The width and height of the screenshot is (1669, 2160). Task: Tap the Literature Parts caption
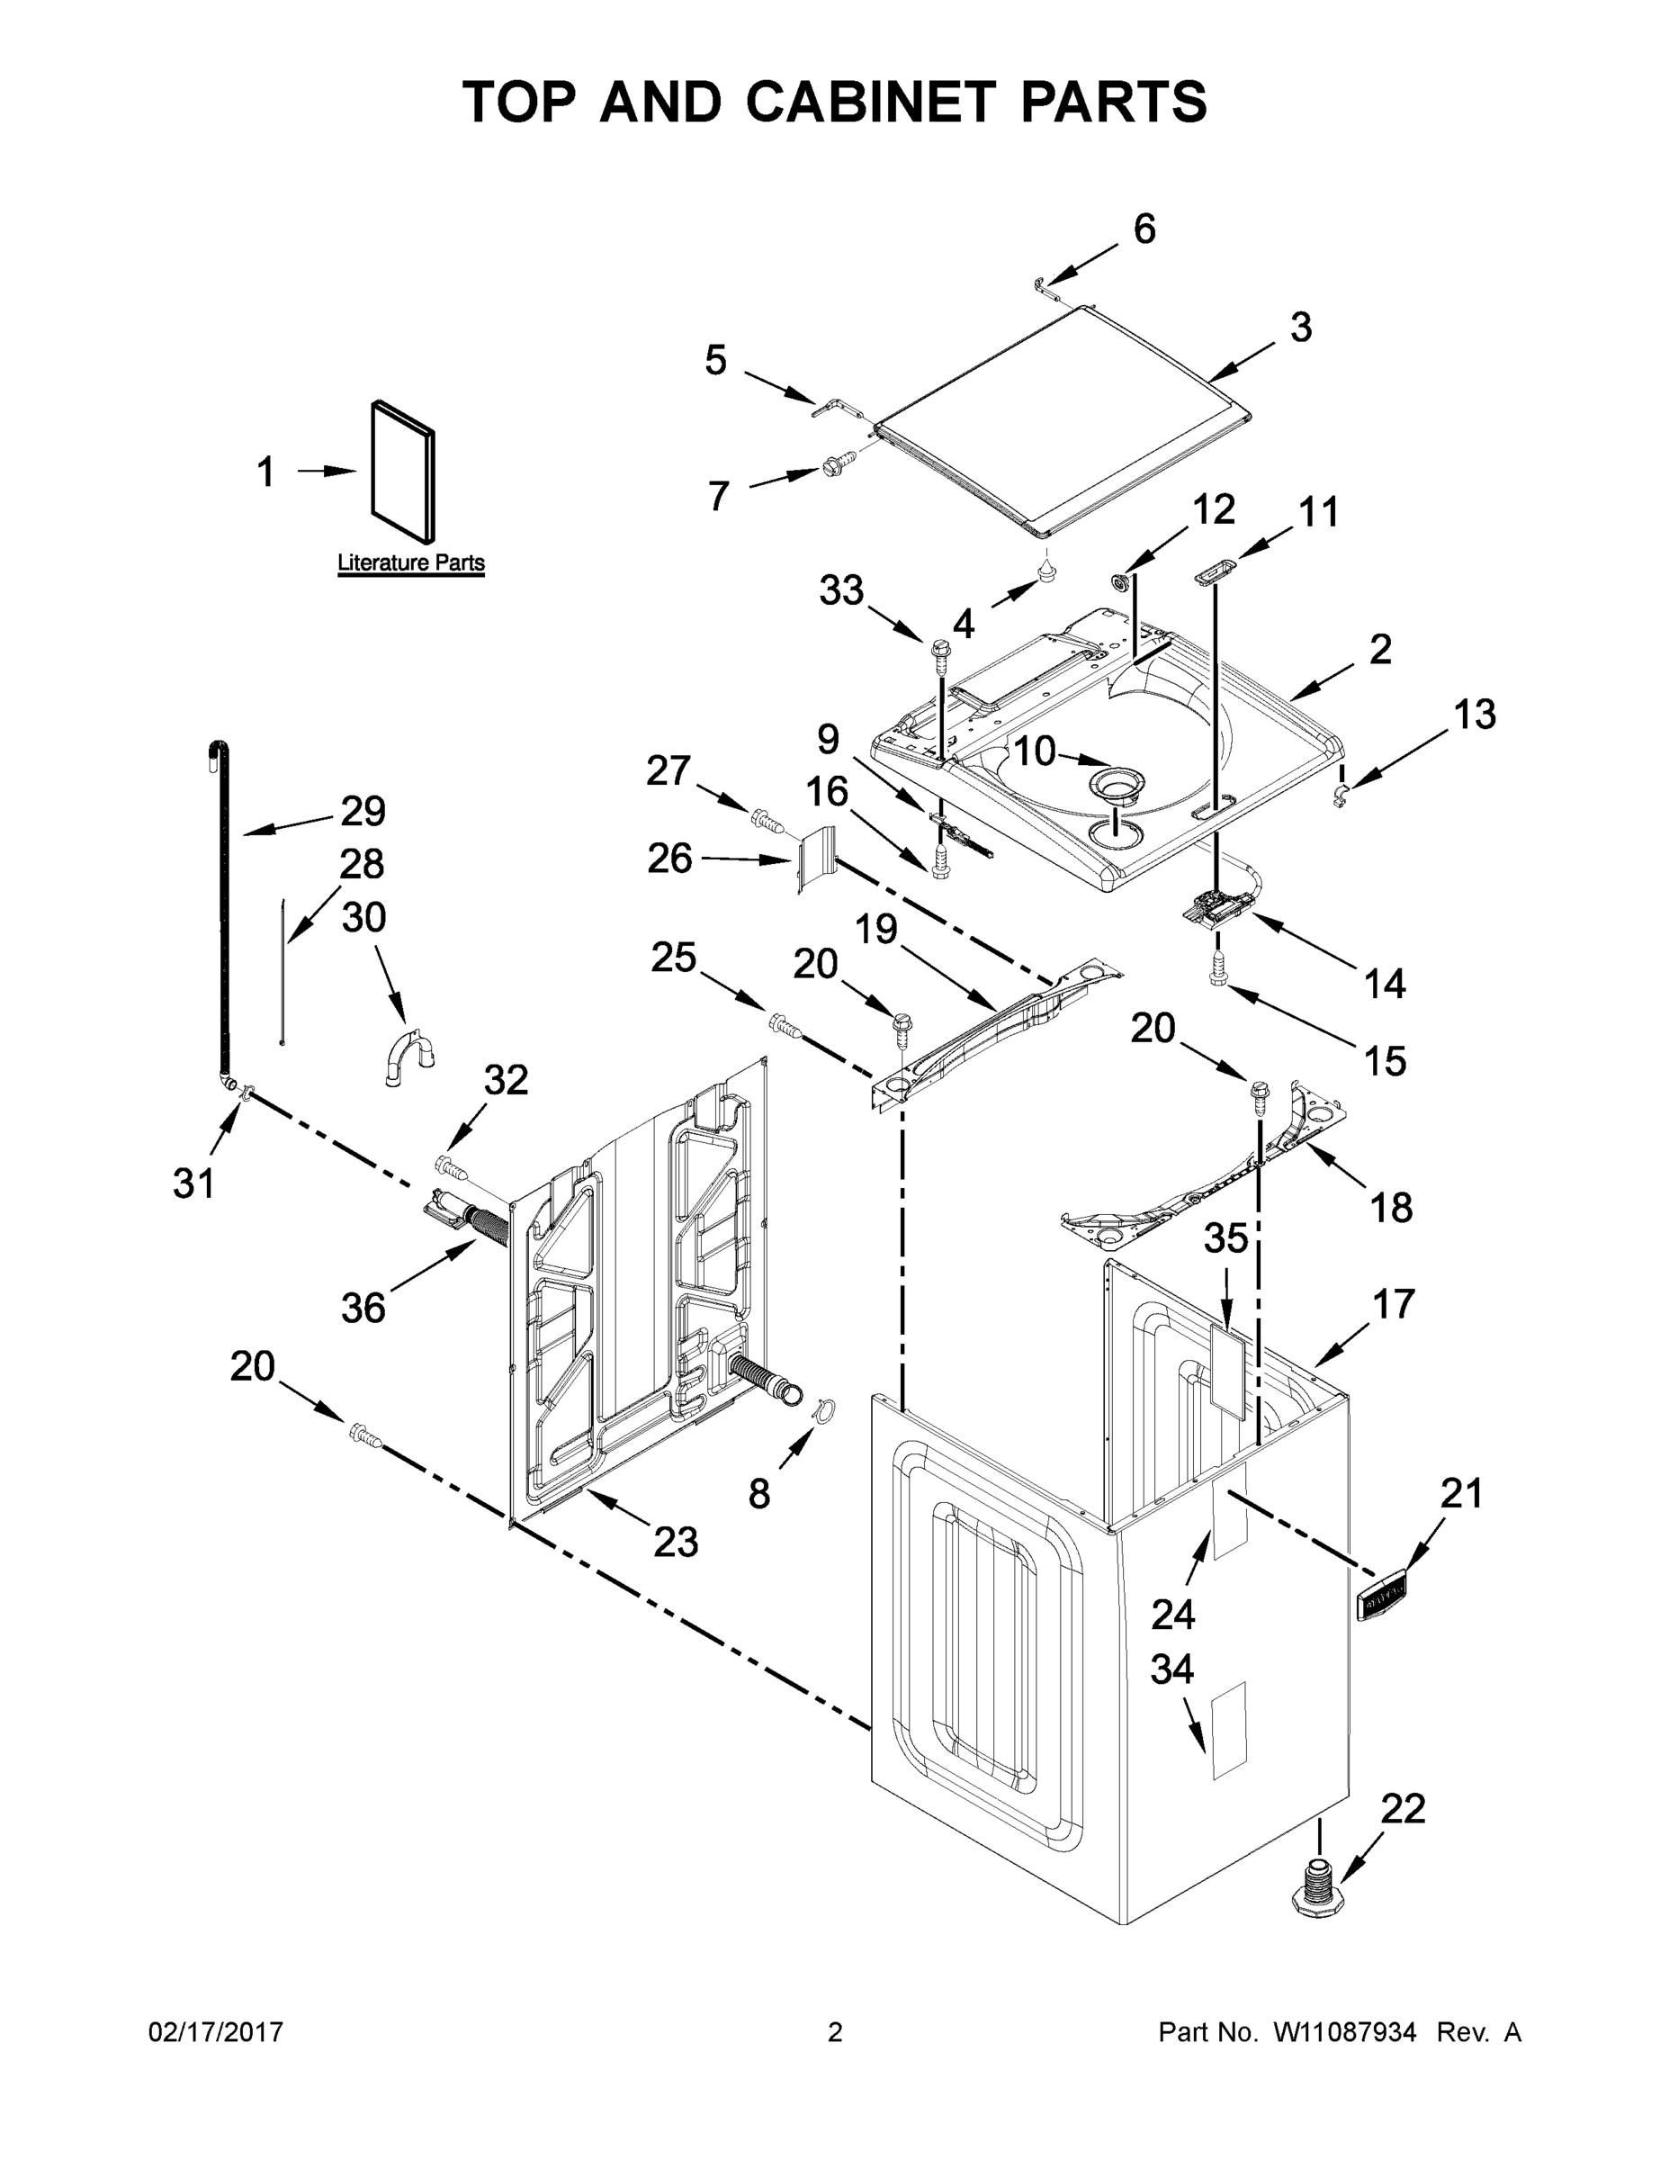pyautogui.click(x=410, y=562)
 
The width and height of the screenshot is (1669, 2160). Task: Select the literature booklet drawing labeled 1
pyautogui.click(x=402, y=472)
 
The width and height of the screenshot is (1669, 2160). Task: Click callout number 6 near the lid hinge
pyautogui.click(x=1143, y=229)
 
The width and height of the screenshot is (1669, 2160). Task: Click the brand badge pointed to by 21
pyautogui.click(x=1382, y=1596)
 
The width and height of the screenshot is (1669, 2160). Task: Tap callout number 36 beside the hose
pyautogui.click(x=362, y=1308)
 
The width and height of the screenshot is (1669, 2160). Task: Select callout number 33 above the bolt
pyautogui.click(x=841, y=590)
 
